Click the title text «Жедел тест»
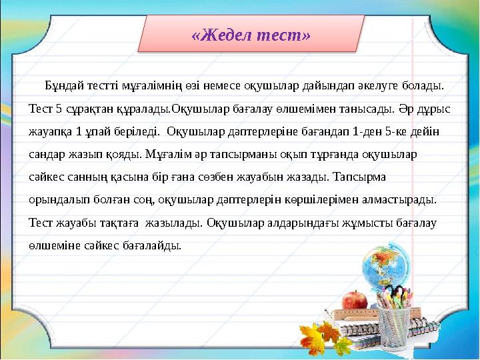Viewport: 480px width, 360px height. (251, 35)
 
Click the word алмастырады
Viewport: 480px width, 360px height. (409, 199)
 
